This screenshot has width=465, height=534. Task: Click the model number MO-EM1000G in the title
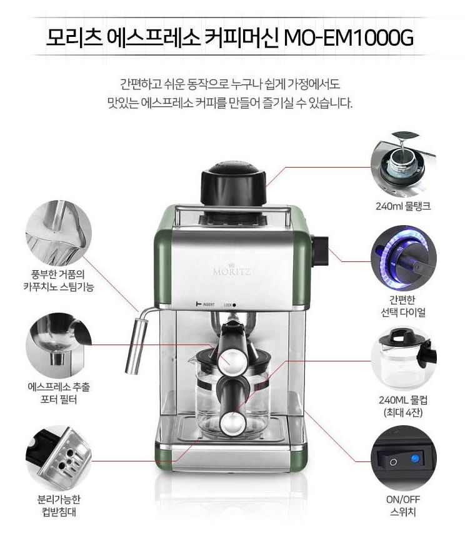point(348,37)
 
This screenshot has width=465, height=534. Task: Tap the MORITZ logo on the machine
point(232,271)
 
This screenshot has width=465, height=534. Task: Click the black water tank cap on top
point(234,184)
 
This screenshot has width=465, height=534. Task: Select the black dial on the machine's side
point(320,251)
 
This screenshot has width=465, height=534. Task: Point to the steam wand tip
point(131,371)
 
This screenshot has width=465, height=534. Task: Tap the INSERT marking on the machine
point(206,304)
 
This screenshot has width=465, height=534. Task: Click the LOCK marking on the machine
point(230,305)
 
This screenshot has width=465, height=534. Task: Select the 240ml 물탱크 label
point(403,206)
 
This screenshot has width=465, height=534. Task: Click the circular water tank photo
point(403,164)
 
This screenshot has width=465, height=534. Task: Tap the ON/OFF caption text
point(403,500)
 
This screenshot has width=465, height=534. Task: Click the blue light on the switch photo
point(414,458)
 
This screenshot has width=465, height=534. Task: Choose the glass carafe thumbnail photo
point(403,359)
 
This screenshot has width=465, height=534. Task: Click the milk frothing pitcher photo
point(59,233)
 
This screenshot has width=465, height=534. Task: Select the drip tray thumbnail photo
point(59,458)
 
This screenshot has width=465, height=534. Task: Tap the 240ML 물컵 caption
point(403,400)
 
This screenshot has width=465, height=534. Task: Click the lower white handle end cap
point(233,424)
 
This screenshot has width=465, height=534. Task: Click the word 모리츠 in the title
point(74,37)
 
